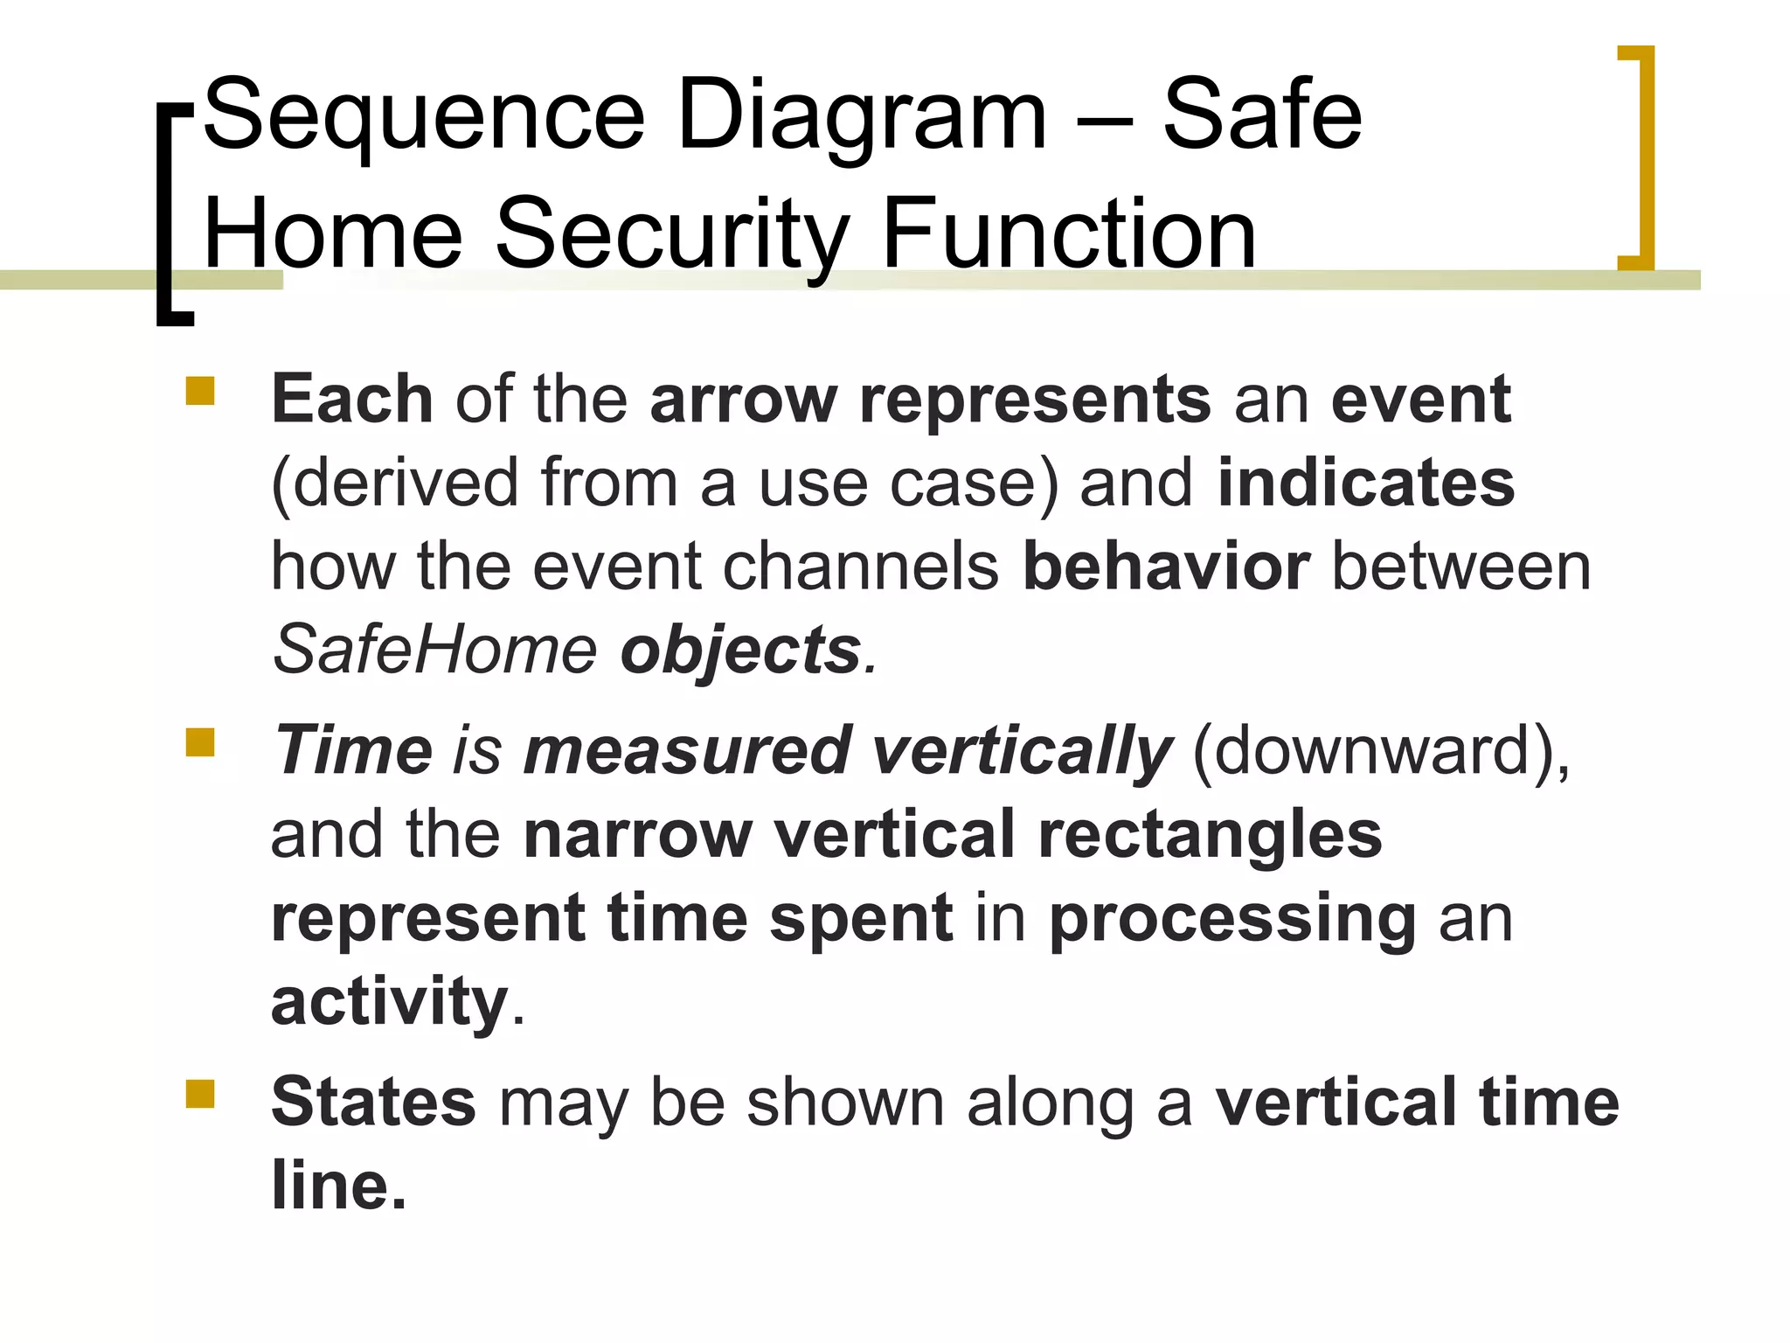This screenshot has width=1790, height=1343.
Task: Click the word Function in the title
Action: (x=1069, y=234)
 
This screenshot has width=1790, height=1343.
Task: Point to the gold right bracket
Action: (x=1642, y=157)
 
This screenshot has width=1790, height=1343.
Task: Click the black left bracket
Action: (x=167, y=214)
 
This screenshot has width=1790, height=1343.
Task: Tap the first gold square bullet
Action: (x=200, y=391)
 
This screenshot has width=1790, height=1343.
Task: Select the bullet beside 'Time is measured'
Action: (x=200, y=743)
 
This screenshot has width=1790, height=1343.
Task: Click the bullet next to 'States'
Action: (x=200, y=1094)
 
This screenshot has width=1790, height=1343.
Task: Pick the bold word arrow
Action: (x=744, y=400)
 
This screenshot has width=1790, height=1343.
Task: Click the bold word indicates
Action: (x=1365, y=483)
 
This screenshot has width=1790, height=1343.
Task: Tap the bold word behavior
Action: (x=1166, y=567)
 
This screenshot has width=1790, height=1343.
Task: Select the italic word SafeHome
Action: (x=435, y=651)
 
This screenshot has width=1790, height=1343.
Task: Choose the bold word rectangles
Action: (x=1210, y=836)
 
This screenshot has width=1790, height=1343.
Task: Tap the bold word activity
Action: (x=390, y=1002)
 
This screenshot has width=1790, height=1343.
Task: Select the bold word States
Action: (x=373, y=1103)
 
